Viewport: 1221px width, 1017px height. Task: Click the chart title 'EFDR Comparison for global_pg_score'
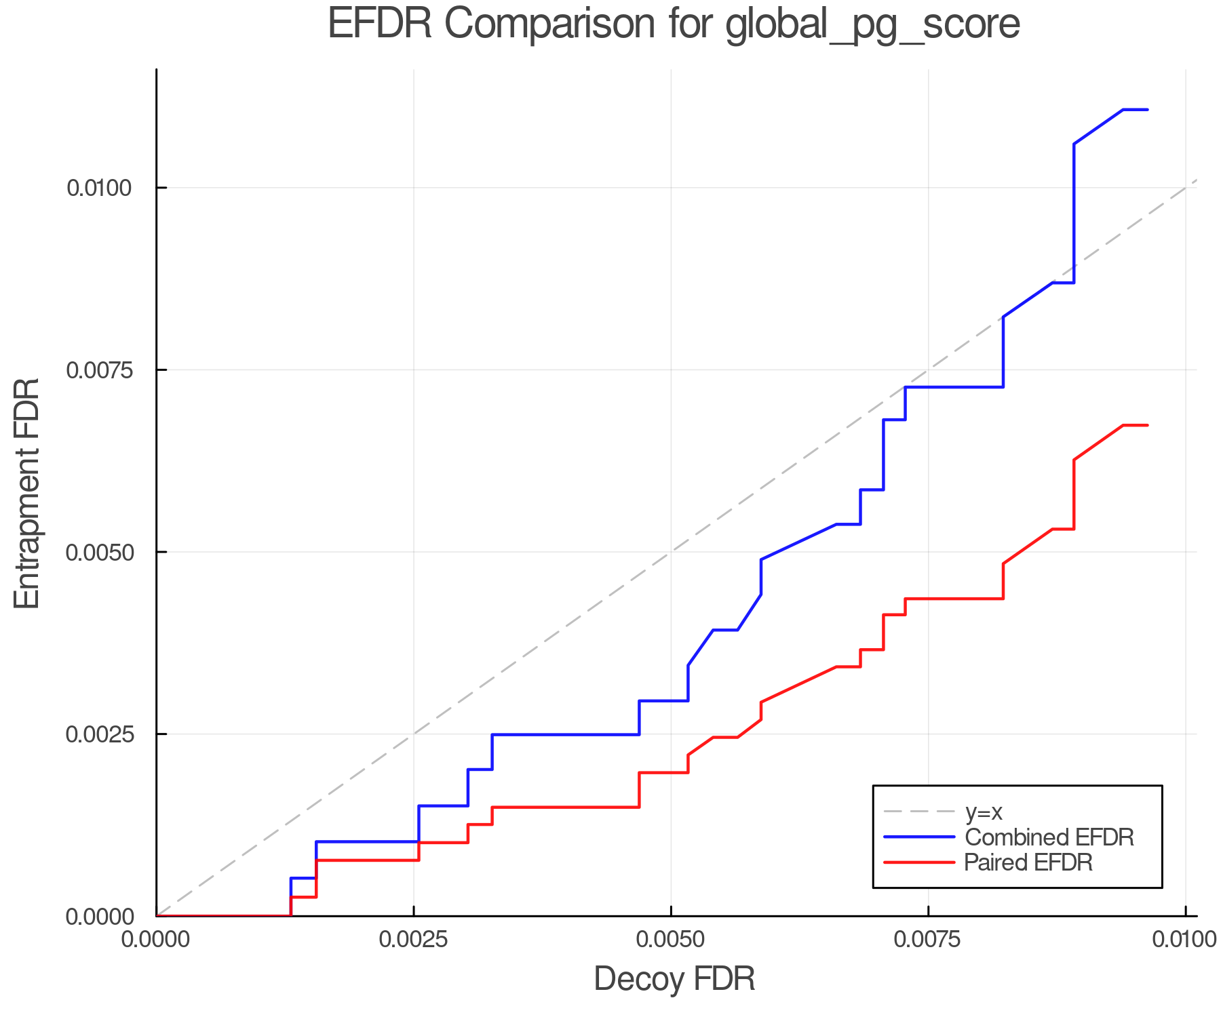point(674,25)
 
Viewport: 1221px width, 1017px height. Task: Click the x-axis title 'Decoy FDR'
point(674,979)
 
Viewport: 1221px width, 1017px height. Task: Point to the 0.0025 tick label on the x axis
point(413,939)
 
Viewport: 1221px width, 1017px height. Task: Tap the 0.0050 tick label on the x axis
point(670,939)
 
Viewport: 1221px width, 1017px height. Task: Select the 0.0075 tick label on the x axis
point(927,939)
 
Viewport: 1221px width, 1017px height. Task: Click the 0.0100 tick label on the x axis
point(1184,939)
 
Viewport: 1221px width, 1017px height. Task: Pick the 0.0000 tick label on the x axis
point(157,939)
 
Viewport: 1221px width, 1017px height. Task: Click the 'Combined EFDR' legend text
point(1049,837)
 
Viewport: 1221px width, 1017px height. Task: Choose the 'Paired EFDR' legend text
point(1028,862)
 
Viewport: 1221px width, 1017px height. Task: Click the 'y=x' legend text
point(984,812)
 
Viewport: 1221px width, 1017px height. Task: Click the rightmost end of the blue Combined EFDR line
point(1147,109)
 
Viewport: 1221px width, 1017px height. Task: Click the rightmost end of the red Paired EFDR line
point(1147,425)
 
